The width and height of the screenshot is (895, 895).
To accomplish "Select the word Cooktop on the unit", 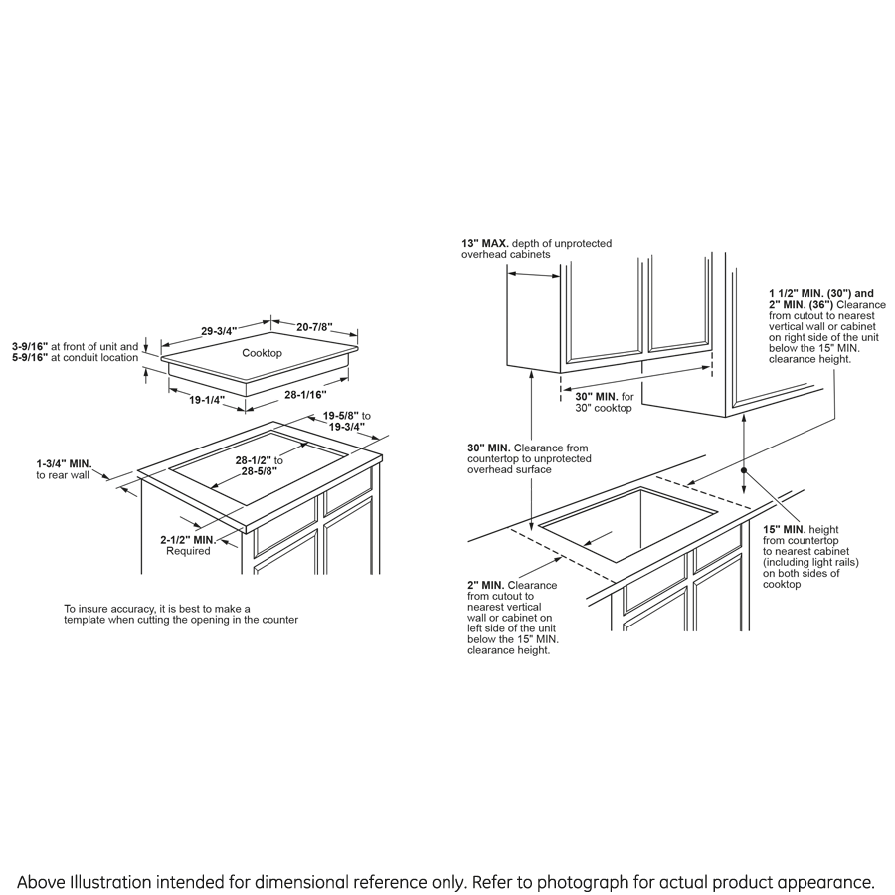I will [262, 353].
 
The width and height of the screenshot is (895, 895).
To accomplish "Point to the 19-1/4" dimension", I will [207, 400].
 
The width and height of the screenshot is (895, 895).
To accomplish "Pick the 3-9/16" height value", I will [32, 347].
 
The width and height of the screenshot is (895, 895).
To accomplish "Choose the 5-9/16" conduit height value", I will [32, 358].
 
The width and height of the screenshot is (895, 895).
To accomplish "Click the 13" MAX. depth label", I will [485, 243].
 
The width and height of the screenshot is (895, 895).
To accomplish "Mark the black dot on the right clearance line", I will [743, 467].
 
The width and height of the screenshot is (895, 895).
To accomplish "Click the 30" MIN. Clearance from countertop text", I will [489, 447].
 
